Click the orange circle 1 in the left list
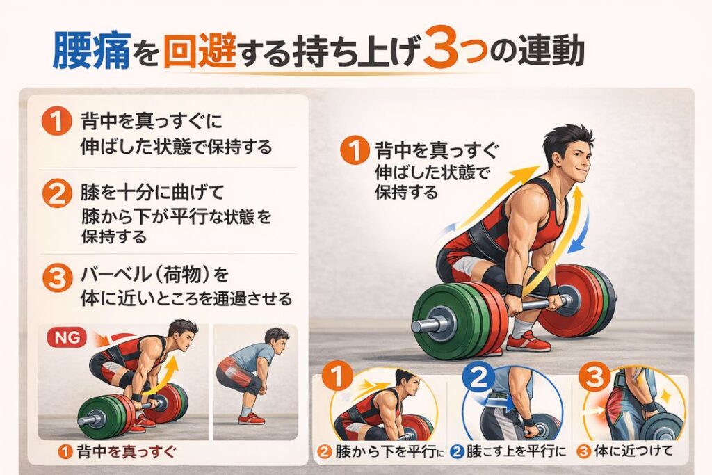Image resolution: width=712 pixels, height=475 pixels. pos(58,122)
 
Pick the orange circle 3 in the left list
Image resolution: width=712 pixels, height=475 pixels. pos(58,276)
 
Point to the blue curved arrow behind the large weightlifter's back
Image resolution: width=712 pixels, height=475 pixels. pos(579,223)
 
